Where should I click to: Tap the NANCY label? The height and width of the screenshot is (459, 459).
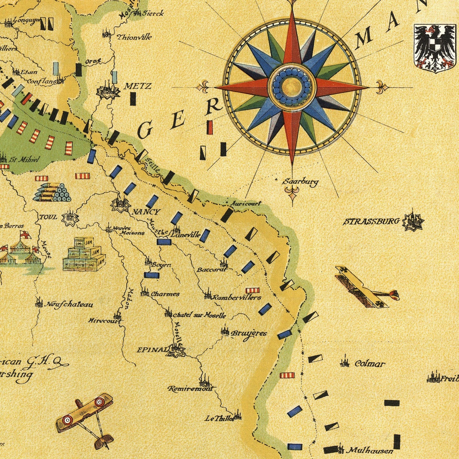point(146,212)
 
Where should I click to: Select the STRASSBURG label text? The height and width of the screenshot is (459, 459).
point(371,221)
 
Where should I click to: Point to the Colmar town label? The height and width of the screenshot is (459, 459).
point(370,364)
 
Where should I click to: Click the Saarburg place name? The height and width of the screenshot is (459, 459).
point(300,182)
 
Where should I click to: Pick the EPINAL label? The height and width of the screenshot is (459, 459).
point(151,349)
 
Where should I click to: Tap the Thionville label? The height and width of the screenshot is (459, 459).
point(134,37)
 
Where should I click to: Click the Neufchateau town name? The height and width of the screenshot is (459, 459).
point(70,304)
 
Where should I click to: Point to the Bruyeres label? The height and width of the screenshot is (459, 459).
point(248,333)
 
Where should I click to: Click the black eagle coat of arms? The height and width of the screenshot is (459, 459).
point(434,48)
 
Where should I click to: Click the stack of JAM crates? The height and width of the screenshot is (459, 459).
point(84,254)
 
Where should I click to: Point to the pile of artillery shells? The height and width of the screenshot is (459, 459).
point(52,192)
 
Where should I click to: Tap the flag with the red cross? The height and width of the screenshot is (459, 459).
point(25,235)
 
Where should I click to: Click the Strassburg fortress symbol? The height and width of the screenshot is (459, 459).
point(413,220)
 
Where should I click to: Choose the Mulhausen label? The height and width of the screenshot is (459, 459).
point(370,451)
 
